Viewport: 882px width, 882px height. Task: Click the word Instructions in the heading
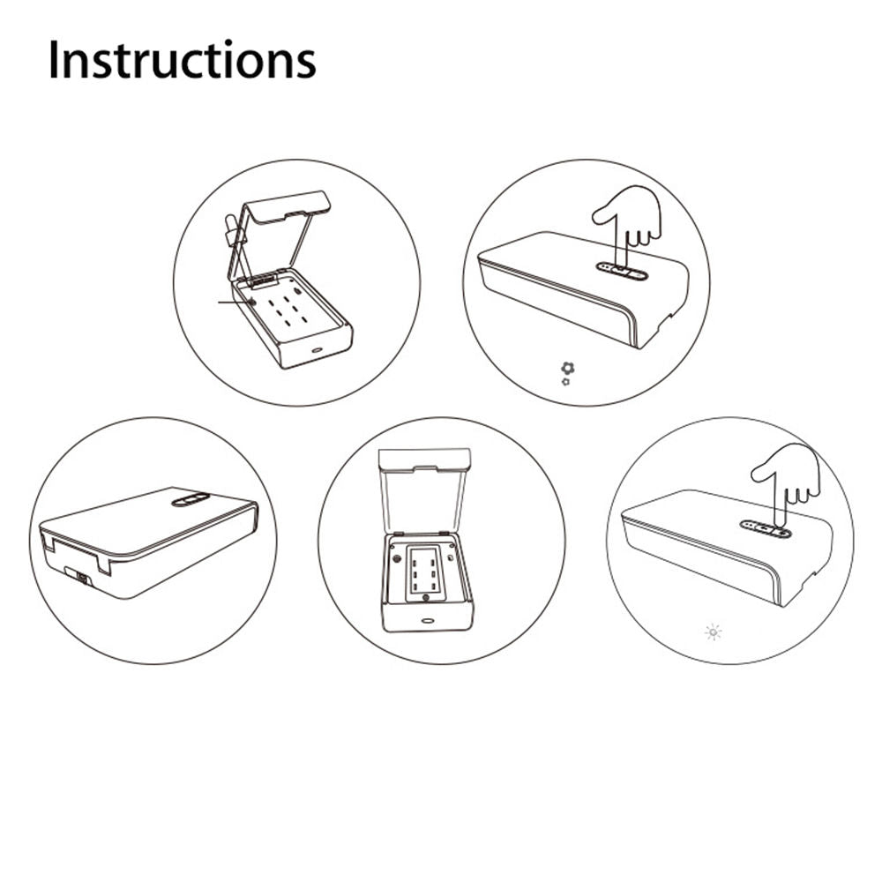pyautogui.click(x=182, y=59)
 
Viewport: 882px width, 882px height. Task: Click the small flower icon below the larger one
pyautogui.click(x=566, y=382)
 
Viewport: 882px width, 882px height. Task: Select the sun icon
pyautogui.click(x=714, y=632)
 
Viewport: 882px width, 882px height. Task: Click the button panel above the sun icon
pyautogui.click(x=766, y=528)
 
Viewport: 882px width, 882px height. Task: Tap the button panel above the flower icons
pyautogui.click(x=622, y=273)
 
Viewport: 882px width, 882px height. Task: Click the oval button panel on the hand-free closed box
pyautogui.click(x=191, y=499)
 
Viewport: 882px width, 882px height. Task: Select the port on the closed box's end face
pyautogui.click(x=82, y=578)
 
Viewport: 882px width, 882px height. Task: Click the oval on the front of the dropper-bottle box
pyautogui.click(x=318, y=350)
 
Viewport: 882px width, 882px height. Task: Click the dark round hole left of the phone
pyautogui.click(x=398, y=559)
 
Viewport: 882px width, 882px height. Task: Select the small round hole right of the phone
pyautogui.click(x=451, y=558)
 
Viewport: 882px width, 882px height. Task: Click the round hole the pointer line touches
pyautogui.click(x=251, y=302)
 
